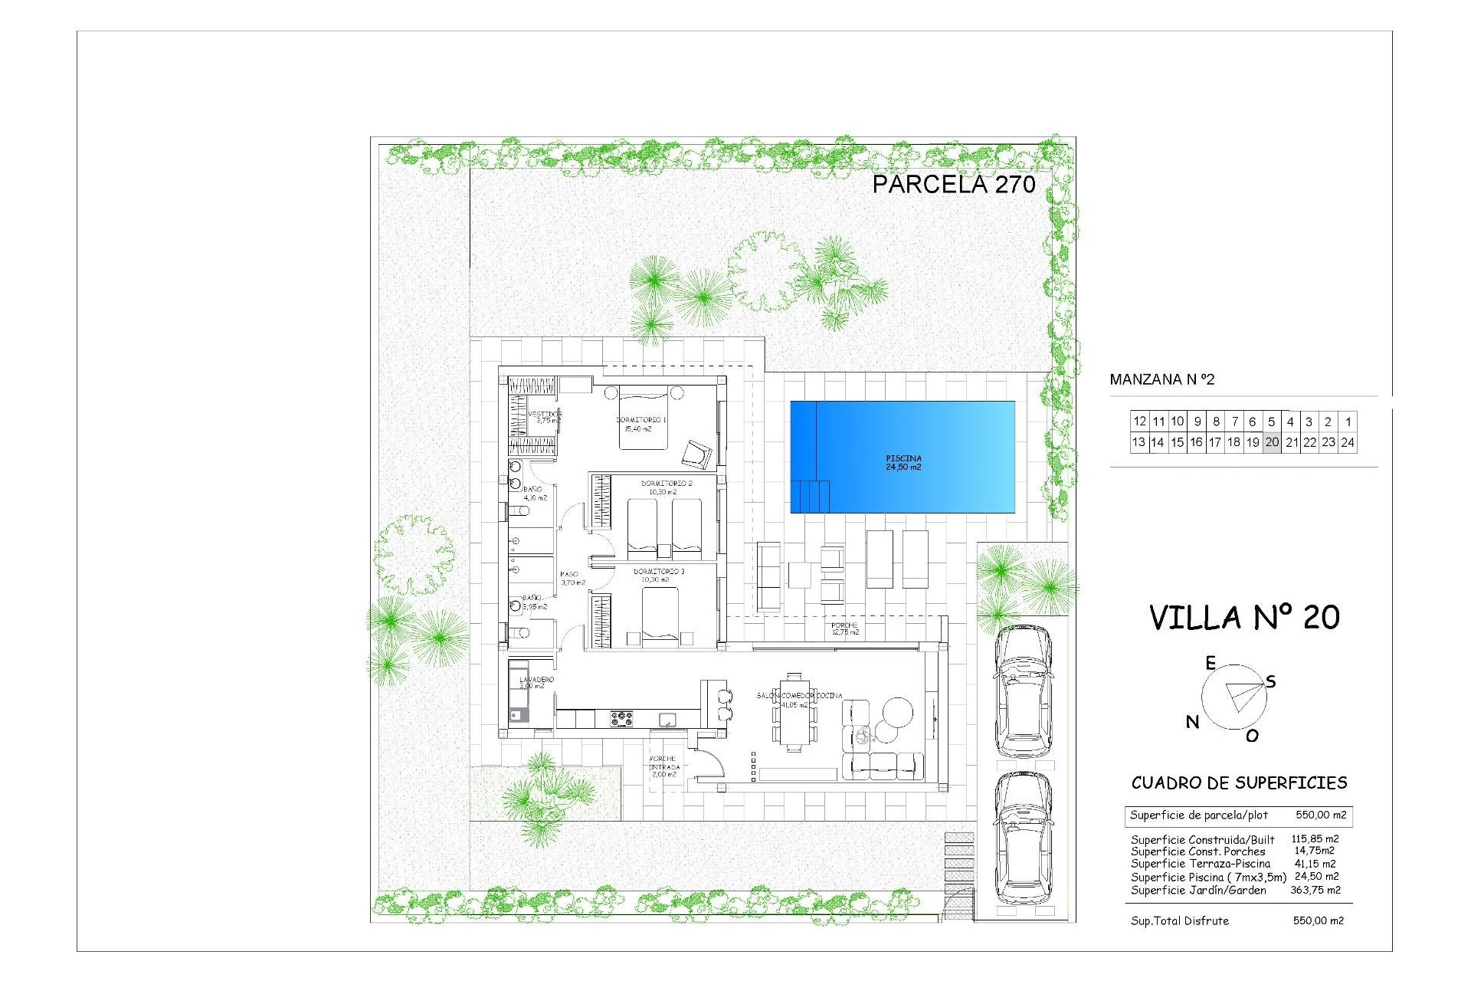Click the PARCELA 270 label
[x=953, y=184]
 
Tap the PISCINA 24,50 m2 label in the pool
[x=903, y=463]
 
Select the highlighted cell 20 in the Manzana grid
[x=1272, y=442]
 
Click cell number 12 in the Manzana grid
[x=1139, y=422]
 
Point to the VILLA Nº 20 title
[x=1244, y=618]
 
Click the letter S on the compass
[x=1271, y=681]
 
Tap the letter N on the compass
[x=1192, y=721]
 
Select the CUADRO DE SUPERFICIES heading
[x=1239, y=783]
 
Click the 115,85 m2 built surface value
[x=1315, y=839]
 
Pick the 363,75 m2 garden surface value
[x=1315, y=890]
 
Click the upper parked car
[x=1023, y=690]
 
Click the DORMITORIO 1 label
[x=641, y=420]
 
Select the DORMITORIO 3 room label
[x=658, y=572]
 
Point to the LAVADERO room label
[x=536, y=680]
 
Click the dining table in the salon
[x=794, y=713]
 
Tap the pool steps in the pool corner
[x=811, y=496]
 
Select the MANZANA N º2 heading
[x=1161, y=379]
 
